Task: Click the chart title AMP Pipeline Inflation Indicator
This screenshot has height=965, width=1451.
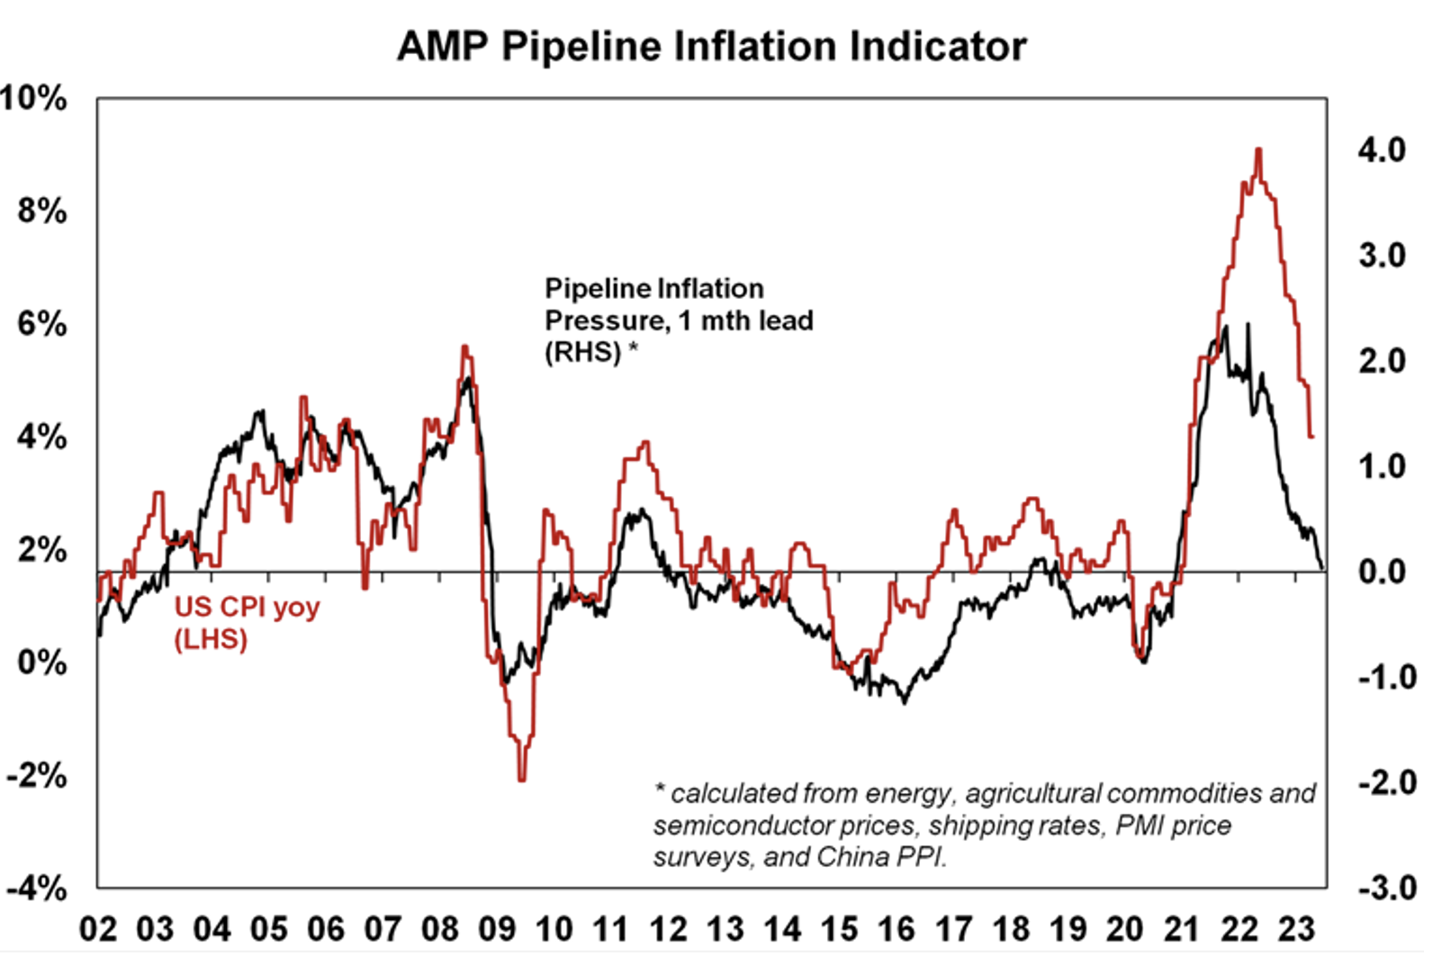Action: coord(711,47)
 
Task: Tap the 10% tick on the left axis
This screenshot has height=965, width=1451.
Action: coord(34,98)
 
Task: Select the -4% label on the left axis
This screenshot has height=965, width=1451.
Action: coord(36,888)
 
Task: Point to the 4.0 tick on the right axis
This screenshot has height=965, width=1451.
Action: coord(1382,150)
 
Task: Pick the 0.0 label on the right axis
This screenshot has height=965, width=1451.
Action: coord(1382,572)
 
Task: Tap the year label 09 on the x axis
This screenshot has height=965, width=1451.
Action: coord(497,929)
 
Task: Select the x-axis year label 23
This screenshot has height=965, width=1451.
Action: coord(1296,929)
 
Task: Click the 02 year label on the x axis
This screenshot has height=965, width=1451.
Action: coord(98,929)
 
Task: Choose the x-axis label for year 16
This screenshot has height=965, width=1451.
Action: coord(897,929)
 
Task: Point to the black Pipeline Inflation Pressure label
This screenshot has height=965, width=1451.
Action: coord(679,320)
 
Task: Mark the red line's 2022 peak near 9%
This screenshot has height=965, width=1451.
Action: coord(1258,149)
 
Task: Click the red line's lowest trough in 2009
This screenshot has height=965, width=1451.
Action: coord(522,780)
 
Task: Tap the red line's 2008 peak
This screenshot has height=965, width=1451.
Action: coord(464,347)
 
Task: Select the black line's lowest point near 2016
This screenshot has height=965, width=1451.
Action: coord(904,702)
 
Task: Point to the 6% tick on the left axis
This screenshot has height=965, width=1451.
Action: coord(41,324)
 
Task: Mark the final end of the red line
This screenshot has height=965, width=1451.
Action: coord(1312,437)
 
